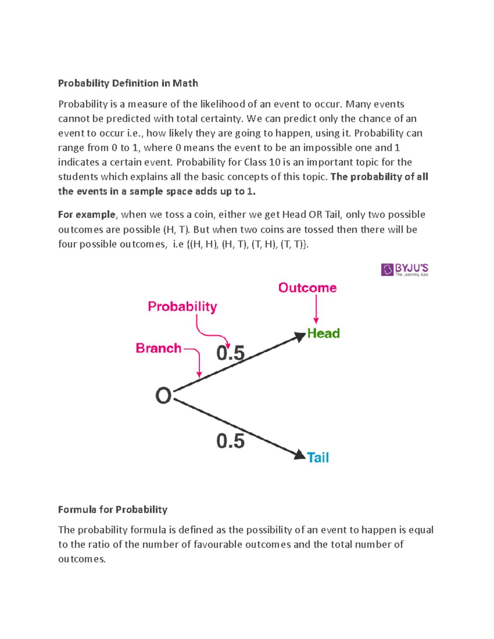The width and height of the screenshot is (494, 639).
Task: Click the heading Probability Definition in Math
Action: click(128, 83)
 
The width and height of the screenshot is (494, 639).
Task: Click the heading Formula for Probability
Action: click(112, 509)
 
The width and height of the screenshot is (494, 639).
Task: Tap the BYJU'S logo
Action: click(404, 270)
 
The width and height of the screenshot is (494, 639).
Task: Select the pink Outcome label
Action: click(307, 288)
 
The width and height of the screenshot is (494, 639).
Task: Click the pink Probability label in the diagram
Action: click(182, 307)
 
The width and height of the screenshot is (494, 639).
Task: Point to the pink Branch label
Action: click(158, 348)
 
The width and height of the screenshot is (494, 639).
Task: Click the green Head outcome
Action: click(324, 333)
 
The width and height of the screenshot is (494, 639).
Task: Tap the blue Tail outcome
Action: click(318, 458)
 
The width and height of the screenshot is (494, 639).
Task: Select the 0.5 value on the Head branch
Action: click(231, 353)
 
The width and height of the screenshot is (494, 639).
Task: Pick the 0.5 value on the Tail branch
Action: click(231, 441)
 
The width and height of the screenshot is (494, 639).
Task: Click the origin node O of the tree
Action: click(163, 396)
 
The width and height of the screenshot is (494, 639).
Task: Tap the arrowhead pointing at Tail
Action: click(300, 455)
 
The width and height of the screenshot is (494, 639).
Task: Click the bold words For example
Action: click(87, 215)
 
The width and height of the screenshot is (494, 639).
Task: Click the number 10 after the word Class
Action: click(275, 162)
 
